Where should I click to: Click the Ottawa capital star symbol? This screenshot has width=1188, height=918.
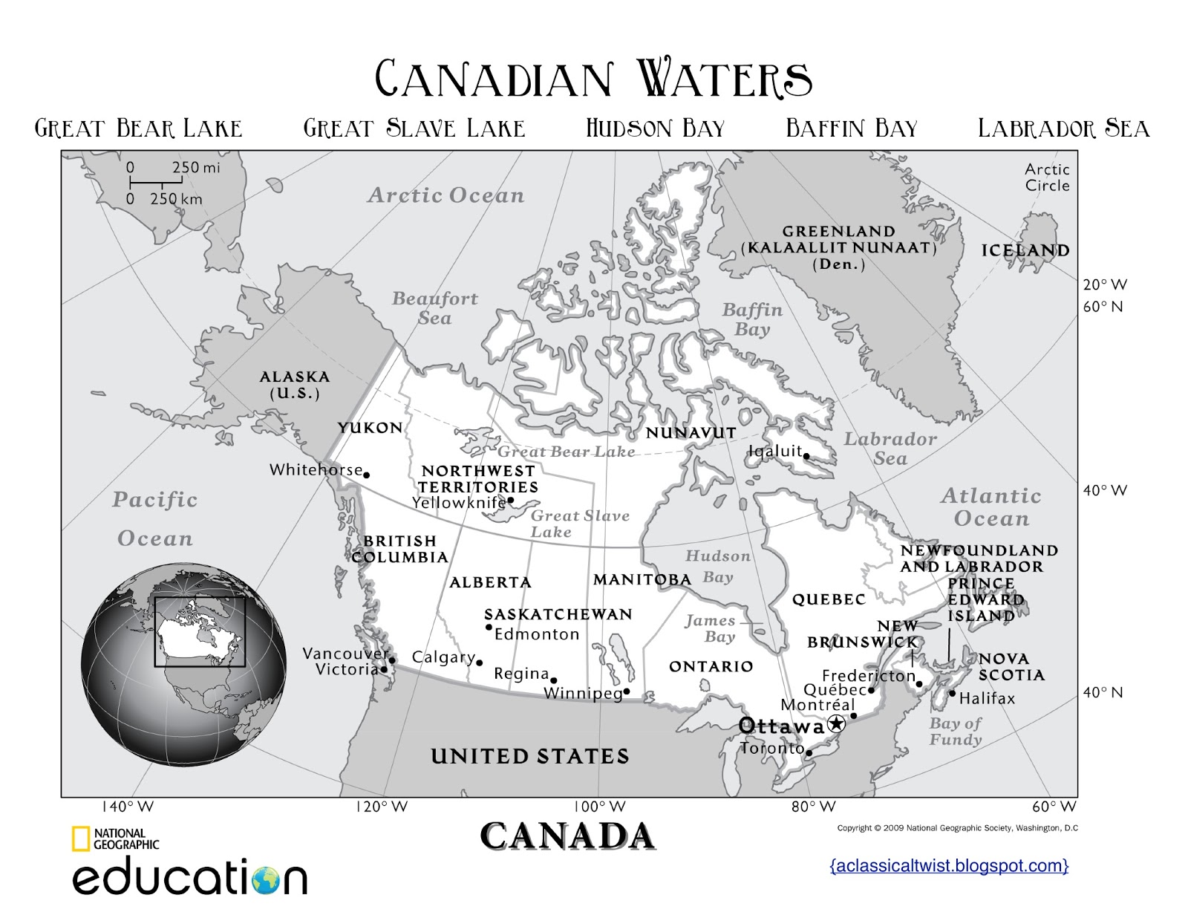[x=836, y=723]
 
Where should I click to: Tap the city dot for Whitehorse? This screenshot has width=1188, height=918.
[x=366, y=475]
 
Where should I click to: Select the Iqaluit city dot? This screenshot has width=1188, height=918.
[x=806, y=457]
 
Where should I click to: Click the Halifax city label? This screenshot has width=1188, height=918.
[x=987, y=698]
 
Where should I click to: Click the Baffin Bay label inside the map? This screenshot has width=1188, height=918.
[x=752, y=319]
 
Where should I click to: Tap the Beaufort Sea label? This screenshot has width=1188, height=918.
[x=435, y=308]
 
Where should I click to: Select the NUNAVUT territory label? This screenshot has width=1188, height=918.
[x=691, y=432]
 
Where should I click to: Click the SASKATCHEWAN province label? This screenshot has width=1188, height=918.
[x=558, y=614]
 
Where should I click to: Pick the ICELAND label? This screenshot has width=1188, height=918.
[x=1025, y=250]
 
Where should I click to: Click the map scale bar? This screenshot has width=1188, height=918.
[x=162, y=182]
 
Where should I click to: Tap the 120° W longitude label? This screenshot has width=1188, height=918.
[x=382, y=807]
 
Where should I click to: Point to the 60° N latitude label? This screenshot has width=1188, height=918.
[x=1103, y=307]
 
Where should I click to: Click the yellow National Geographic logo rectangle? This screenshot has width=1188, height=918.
[x=80, y=839]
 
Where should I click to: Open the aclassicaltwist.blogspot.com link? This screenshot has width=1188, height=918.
[x=949, y=865]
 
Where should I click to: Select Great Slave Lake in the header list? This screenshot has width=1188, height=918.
[x=414, y=128]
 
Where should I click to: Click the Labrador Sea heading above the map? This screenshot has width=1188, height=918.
[x=1063, y=128]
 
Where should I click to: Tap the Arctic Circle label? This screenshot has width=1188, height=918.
[x=1047, y=178]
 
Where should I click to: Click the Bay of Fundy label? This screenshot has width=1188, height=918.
[x=956, y=731]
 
